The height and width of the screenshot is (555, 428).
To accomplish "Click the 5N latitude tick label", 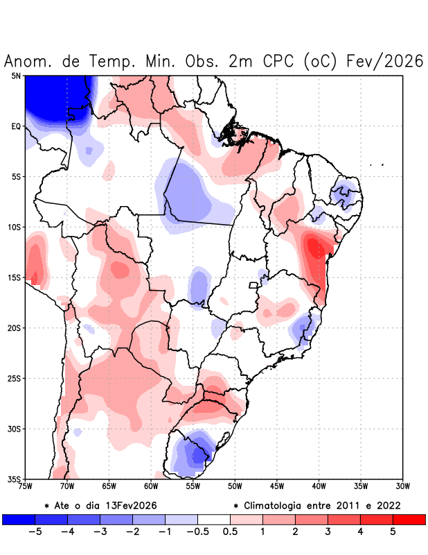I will point(16,76).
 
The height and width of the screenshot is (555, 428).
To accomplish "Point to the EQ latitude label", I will point(16,126).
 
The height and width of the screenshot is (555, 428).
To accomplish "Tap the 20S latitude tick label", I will point(14,327).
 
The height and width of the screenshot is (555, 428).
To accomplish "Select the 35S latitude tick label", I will point(14,479).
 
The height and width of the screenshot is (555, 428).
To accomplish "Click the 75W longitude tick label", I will point(25,486).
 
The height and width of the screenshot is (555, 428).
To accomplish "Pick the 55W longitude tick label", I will point(193,486).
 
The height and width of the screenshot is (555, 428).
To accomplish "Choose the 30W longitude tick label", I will point(402,486).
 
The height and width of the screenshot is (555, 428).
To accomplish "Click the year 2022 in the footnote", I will point(387,505).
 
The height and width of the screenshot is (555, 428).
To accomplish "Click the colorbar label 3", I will point(328,532).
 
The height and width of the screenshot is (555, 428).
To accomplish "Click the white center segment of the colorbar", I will point(214,519).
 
